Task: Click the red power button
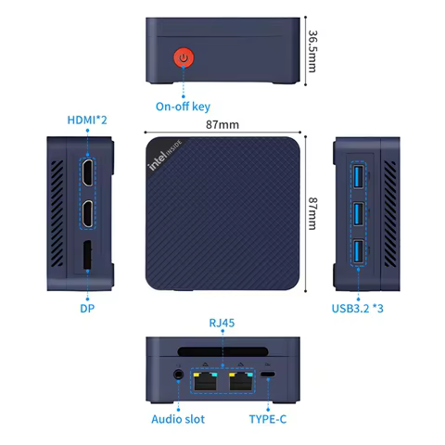[185, 59]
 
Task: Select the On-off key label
[183, 106]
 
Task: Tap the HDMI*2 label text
[87, 121]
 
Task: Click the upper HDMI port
[86, 173]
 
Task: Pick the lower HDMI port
[86, 215]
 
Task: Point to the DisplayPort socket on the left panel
[86, 257]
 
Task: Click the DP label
[86, 306]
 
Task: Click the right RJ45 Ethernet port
[241, 379]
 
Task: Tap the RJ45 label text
[222, 322]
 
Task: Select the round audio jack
[176, 376]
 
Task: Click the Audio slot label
[178, 418]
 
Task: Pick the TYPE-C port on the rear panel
[268, 376]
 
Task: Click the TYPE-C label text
[269, 418]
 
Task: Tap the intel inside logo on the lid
[166, 155]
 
